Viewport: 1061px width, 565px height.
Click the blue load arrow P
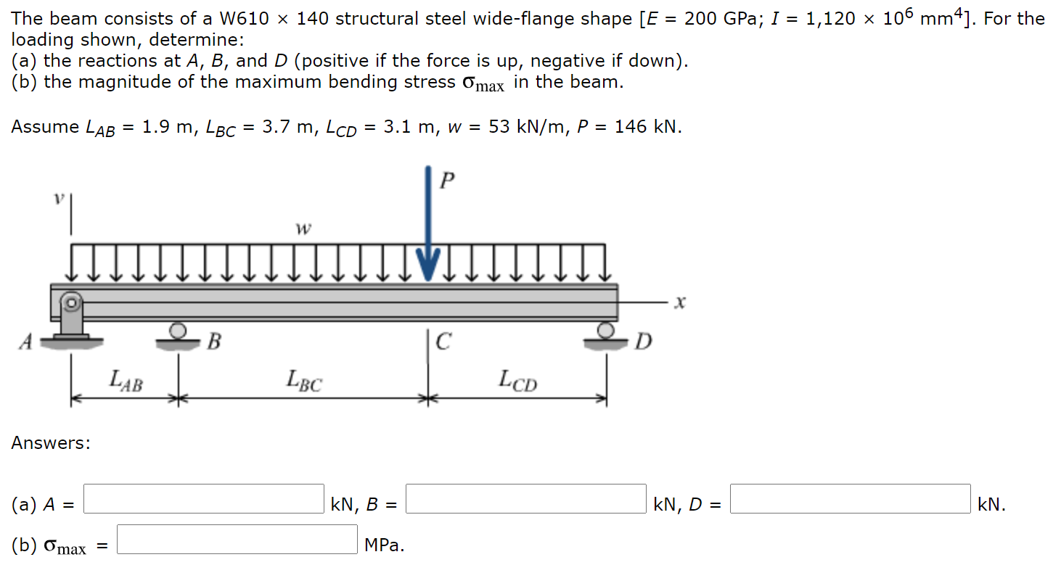coord(428,225)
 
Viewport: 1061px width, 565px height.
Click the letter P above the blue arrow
coord(448,181)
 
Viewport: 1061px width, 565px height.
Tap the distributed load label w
coord(303,229)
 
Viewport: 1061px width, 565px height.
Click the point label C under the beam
coord(444,340)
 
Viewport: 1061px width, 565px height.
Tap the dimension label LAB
coord(126,380)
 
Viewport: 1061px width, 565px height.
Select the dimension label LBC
coord(303,380)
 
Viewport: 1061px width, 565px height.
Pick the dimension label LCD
coord(517,380)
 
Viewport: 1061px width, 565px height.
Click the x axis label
coord(679,302)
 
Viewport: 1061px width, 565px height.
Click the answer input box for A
coord(204,499)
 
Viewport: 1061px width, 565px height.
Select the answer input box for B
coord(525,499)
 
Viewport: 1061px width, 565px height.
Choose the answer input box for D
coord(850,499)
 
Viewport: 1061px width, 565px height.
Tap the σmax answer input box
coord(237,540)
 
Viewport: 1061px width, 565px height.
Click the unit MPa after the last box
coord(384,545)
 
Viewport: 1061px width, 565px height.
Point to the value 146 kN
coord(647,127)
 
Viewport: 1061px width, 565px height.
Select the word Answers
coord(51,443)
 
